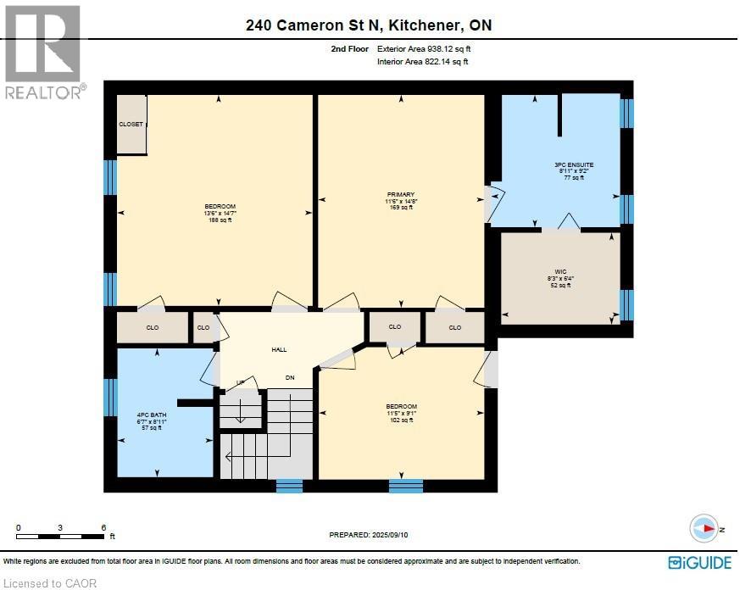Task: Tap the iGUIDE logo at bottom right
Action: tap(700, 562)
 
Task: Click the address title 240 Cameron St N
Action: tap(369, 25)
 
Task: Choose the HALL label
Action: tap(279, 348)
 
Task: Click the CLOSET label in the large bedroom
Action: tap(131, 124)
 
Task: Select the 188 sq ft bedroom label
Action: tap(219, 213)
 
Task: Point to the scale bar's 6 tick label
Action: tap(103, 527)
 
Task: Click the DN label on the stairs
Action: tap(290, 377)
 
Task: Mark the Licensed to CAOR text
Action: tap(40, 582)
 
